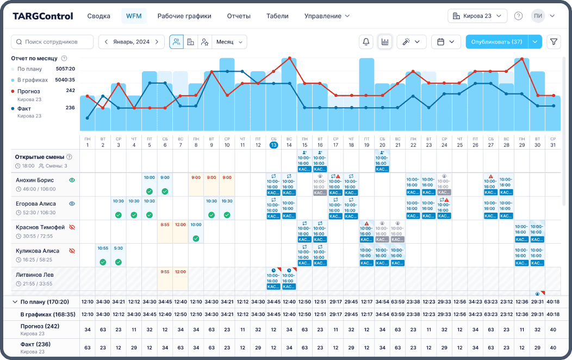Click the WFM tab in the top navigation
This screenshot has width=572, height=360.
coord(134,16)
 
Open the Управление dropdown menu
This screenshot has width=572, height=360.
coord(327,16)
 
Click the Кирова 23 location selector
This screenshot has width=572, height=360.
coord(477,16)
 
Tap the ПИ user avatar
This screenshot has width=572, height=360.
coord(538,16)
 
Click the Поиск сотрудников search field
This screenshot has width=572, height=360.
coord(52,42)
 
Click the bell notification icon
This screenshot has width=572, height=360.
coord(366,42)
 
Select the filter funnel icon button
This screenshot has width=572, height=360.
coord(554,42)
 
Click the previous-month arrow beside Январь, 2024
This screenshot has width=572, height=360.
coord(107,42)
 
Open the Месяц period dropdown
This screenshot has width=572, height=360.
coord(231,42)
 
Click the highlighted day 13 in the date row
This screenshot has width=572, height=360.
coord(273,145)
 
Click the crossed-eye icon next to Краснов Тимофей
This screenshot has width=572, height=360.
coord(72,227)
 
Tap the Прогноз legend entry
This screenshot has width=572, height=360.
coord(28,91)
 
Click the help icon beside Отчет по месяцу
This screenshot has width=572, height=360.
coord(64,58)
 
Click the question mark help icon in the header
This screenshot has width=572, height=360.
coord(518,16)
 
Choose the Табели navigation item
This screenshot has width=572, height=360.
coord(277,16)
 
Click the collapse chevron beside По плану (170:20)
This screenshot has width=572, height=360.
coord(15,301)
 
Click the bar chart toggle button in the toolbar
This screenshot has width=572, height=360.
coord(385,42)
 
